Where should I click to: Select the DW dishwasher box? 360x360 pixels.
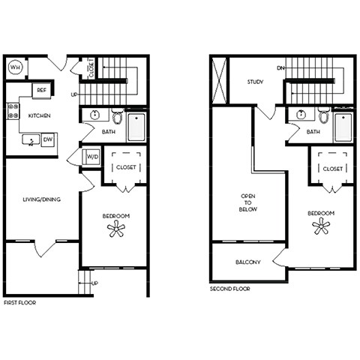coord(47,139)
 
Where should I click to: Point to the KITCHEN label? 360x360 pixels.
coord(40,117)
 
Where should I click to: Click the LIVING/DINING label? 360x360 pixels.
coord(41,199)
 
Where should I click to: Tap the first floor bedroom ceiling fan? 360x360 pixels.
coord(117,229)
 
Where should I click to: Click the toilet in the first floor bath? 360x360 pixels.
coord(118,117)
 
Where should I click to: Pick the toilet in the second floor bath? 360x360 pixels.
coord(324,116)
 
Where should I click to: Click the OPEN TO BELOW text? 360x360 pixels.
coord(248,202)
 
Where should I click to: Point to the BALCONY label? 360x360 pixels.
coord(247,262)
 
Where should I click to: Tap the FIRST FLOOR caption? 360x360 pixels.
coord(21,303)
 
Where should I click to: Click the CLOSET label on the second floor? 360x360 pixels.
coord(332,168)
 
